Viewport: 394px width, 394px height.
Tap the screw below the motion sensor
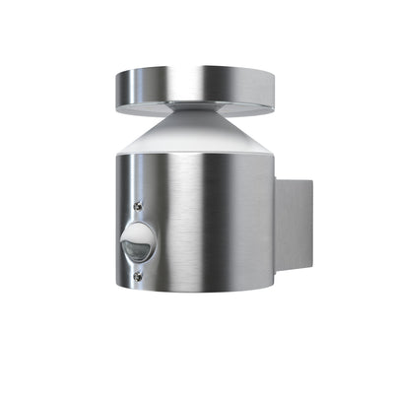[137, 276]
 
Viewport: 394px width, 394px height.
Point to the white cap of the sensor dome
[139, 232]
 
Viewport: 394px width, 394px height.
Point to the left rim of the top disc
[118, 81]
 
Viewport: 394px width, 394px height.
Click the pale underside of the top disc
[236, 100]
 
